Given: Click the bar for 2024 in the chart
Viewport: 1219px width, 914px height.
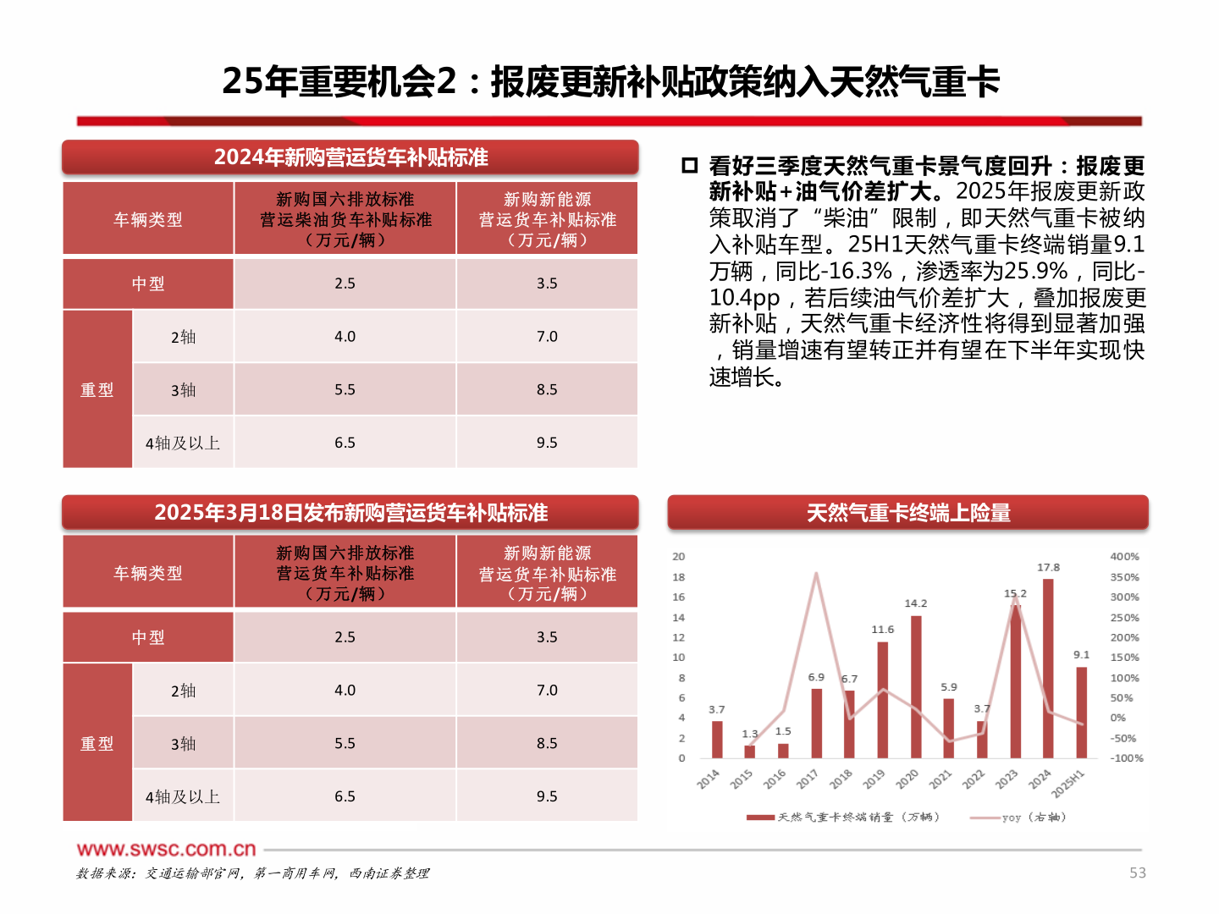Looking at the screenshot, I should coord(1048,669).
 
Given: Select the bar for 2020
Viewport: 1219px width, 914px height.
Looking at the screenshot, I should coord(916,687).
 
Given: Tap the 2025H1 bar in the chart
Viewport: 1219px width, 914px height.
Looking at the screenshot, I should coord(1081,713).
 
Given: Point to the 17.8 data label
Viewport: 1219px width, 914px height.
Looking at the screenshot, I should coord(1048,568).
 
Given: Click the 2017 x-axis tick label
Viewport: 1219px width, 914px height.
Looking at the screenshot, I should coord(808,779).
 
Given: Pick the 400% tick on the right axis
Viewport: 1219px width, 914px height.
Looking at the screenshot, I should coord(1124,557).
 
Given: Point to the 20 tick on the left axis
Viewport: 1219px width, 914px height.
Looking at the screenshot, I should coord(679,557).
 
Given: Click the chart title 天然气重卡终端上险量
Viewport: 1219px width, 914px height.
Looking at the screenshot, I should coord(908,513).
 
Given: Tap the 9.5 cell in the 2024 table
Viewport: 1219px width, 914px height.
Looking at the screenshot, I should coord(547,443).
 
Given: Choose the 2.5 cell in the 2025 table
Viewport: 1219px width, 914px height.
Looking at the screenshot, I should coord(345,637).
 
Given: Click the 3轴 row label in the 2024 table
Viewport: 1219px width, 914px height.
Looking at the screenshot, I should coord(183,390).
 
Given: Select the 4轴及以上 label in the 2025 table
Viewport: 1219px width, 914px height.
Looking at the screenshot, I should coord(183,797).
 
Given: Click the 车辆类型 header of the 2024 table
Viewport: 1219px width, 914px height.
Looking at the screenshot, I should coord(148,220).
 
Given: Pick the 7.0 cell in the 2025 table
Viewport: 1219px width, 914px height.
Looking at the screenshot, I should coord(547,691).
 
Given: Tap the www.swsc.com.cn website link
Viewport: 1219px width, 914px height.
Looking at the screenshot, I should coord(167,849).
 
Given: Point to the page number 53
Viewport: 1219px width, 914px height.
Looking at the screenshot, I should coord(1138,873).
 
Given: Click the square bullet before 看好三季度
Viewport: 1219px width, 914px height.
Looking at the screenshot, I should coord(689,165).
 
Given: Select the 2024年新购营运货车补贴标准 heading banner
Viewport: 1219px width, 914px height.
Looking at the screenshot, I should coord(350,157).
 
